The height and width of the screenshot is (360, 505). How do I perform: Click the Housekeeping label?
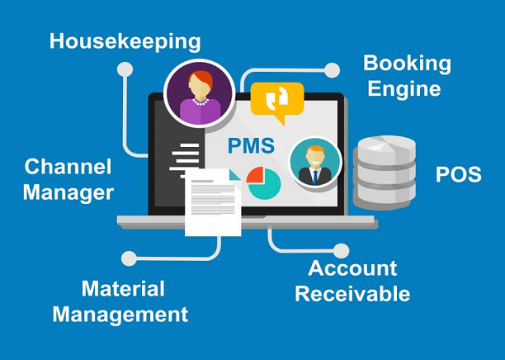click(125, 42)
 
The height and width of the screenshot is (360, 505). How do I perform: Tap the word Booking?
click(407, 64)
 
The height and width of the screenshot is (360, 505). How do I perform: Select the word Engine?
click(404, 88)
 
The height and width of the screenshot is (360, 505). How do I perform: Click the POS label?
click(459, 174)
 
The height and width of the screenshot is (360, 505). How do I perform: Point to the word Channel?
click(68, 167)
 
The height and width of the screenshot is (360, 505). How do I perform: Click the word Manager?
click(68, 193)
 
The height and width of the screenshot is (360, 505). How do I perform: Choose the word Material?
click(123, 288)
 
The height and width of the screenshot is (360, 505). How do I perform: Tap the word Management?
click(120, 315)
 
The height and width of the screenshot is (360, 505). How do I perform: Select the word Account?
click(352, 268)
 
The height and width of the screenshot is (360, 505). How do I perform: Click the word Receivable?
click(352, 294)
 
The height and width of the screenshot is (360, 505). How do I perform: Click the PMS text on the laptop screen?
click(251, 145)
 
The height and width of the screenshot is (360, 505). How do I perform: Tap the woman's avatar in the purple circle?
click(200, 93)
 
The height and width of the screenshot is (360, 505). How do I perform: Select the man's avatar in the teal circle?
click(315, 163)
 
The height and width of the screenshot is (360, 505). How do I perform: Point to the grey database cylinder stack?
click(385, 173)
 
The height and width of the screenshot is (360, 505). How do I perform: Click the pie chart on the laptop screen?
click(264, 182)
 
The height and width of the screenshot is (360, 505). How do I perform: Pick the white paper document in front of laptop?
click(213, 202)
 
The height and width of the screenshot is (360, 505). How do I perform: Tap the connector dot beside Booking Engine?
click(332, 70)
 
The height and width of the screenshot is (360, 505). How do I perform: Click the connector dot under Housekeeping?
click(125, 69)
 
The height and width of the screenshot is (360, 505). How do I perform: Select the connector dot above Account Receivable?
click(341, 251)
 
